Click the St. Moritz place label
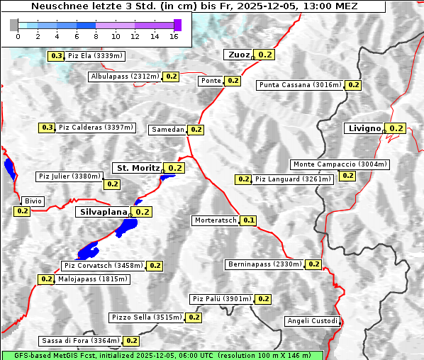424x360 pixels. pos(138,168)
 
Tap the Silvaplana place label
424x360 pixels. pos(103,212)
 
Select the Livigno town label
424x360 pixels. pos(364,128)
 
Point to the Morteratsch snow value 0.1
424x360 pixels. pos(249,220)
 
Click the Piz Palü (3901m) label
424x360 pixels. pos(221,299)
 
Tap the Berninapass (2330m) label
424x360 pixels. pos(264,264)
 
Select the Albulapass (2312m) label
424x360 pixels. pos(125,77)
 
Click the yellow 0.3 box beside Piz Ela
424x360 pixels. pos(56,56)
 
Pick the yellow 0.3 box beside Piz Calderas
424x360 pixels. pos(47,128)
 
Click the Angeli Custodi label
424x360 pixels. pos(313,321)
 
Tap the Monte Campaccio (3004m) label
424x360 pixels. pos(340,164)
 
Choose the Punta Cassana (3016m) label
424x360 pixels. pos(300,85)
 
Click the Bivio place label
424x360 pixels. pos(33,201)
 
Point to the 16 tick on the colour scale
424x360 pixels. pos(174,35)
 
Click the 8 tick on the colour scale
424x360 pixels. pos(96,35)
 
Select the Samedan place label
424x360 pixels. pos(168,130)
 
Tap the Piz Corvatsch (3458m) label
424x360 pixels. pos(103,266)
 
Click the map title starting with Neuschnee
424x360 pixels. pos(194,6)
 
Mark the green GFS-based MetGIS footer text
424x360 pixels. pos(162,355)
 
